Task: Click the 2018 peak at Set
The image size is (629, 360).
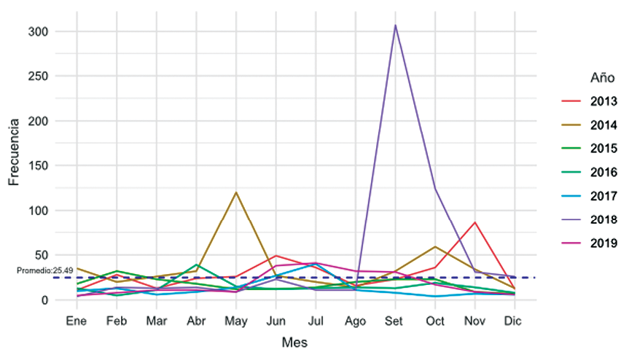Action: pos(395,26)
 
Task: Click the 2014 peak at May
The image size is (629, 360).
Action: pos(236,192)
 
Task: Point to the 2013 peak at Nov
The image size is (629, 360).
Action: pos(474,222)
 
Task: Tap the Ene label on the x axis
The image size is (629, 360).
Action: pos(77,321)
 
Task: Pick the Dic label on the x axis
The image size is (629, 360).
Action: pos(515,321)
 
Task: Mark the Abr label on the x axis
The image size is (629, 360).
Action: pos(196,321)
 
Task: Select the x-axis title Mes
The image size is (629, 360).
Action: pos(295,340)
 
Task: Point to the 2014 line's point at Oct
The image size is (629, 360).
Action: pos(435,247)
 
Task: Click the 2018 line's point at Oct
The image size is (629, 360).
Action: pos(435,189)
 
